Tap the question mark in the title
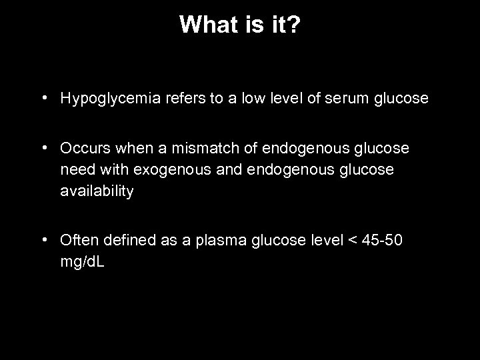[x=293, y=25]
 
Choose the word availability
[x=97, y=192]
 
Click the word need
[x=75, y=169]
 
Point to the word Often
[x=77, y=239]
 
